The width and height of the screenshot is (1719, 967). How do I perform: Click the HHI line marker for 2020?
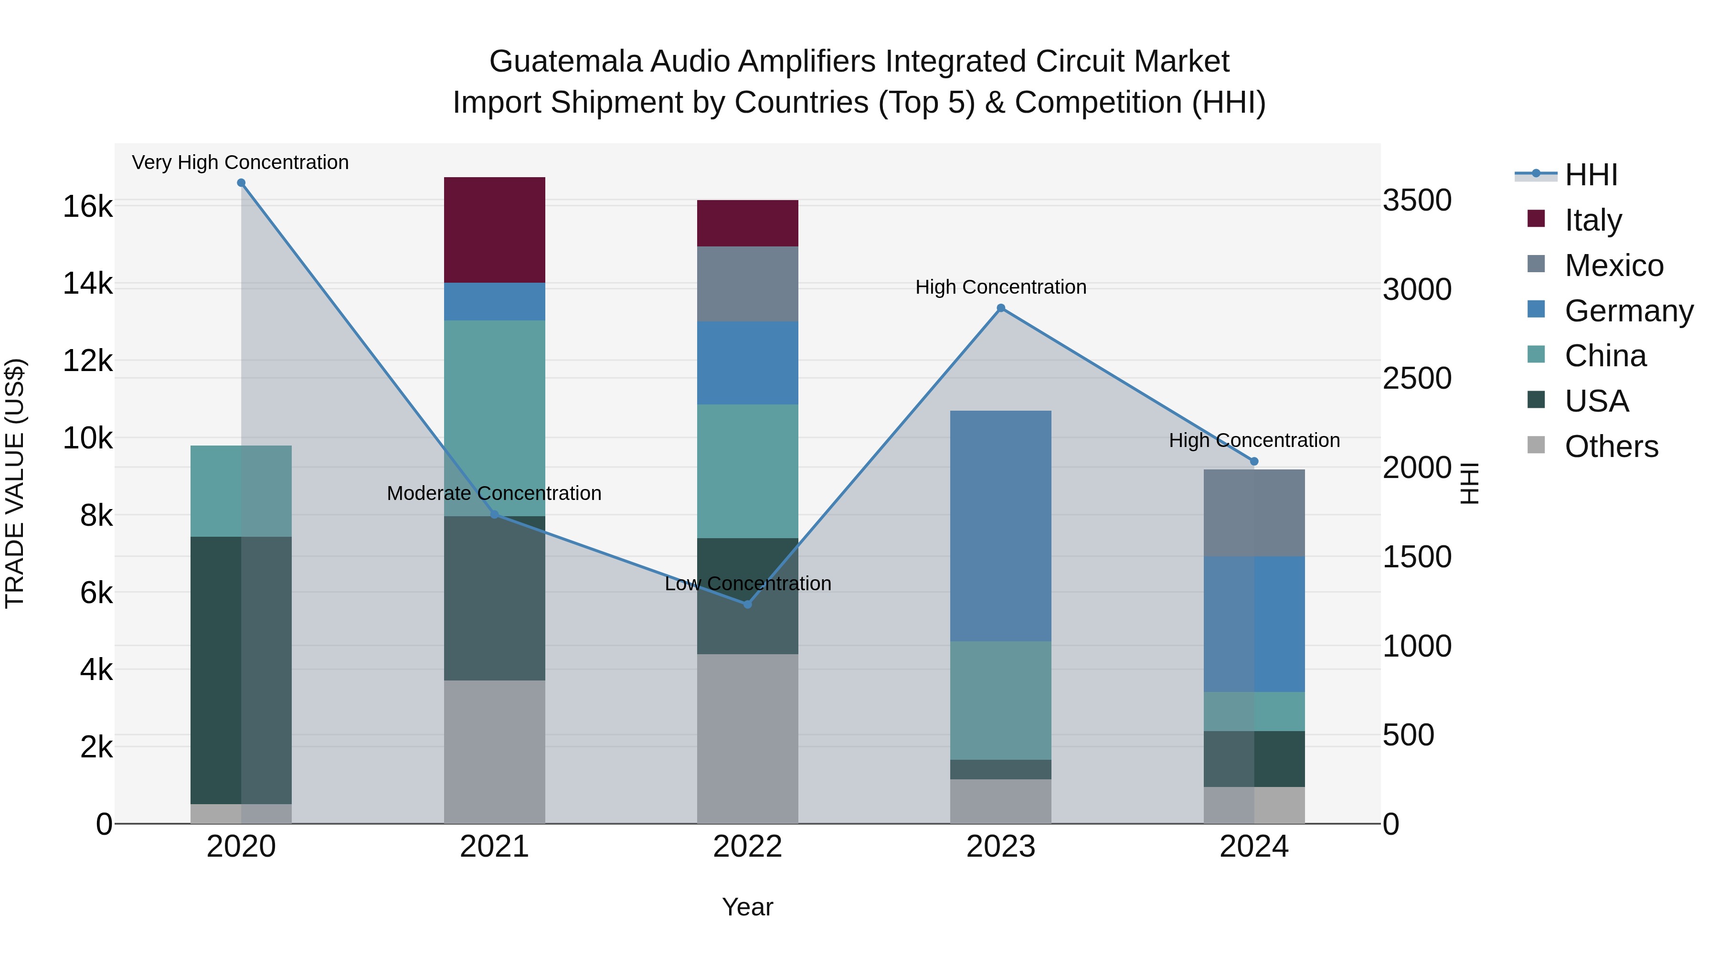click(242, 183)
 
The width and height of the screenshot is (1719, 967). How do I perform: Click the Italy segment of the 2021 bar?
click(495, 230)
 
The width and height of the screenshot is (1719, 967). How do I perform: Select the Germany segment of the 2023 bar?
click(1000, 526)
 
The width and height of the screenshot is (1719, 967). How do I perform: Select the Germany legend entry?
click(1628, 311)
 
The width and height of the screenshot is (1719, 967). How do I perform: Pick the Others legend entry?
click(1611, 446)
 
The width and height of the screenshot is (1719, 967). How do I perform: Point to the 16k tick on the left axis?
click(87, 207)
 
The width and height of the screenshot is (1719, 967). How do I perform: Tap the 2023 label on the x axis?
click(1000, 847)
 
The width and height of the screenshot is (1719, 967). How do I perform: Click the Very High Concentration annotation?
click(240, 163)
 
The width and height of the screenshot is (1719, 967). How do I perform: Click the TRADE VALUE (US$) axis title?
click(15, 483)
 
